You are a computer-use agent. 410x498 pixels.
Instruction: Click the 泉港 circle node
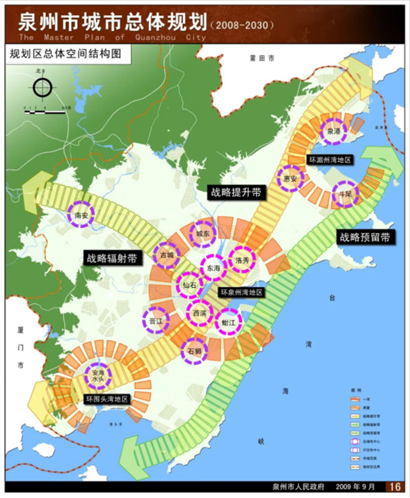click(x=334, y=131)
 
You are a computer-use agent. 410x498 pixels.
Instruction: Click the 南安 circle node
click(x=83, y=214)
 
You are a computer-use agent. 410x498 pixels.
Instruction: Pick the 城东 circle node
click(x=202, y=234)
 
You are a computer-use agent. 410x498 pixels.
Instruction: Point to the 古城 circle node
click(x=166, y=255)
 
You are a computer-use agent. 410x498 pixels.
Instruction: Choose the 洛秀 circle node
click(x=241, y=260)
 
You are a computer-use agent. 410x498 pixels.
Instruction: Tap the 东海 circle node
click(x=213, y=268)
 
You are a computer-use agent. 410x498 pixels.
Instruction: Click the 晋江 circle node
click(x=156, y=321)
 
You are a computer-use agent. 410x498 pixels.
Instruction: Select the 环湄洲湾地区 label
click(x=331, y=159)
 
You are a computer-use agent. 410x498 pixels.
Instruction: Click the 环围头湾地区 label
click(x=108, y=398)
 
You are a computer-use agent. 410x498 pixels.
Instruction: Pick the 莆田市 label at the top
click(x=257, y=58)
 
